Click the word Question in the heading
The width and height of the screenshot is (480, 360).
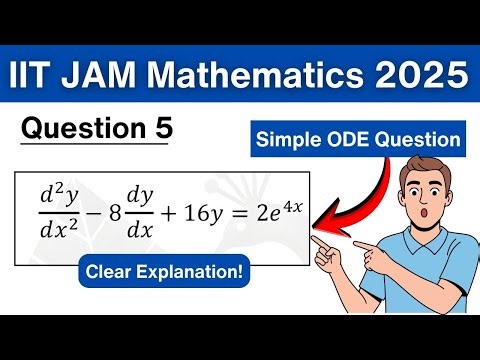point(84,129)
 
